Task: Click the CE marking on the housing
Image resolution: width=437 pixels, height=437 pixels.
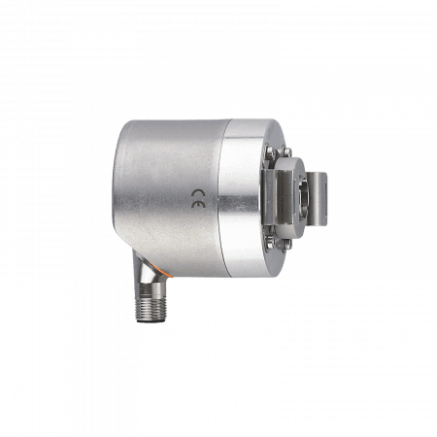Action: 197,198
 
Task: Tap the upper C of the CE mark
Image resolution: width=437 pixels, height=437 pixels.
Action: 197,193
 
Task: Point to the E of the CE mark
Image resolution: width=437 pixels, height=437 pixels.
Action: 197,204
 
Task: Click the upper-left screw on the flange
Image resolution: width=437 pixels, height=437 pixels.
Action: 269,151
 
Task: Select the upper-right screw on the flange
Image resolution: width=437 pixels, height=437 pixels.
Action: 286,151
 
